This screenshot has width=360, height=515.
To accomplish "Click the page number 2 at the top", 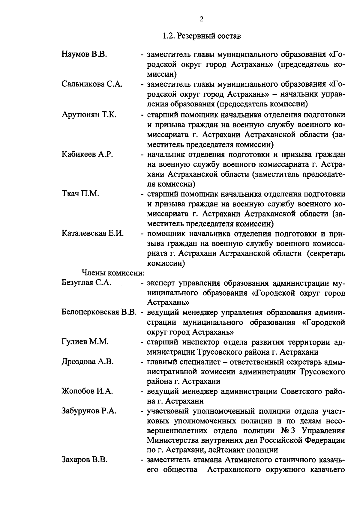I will point(201,19).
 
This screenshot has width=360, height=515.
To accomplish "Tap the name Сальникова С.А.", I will point(92,85).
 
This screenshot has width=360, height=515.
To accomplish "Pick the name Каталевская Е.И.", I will point(93,234).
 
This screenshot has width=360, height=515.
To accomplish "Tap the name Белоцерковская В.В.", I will point(99,313).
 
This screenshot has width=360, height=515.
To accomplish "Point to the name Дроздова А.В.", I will point(88,362).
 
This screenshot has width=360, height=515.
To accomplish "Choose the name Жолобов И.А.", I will point(87,391).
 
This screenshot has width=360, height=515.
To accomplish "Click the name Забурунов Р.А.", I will point(89,411).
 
